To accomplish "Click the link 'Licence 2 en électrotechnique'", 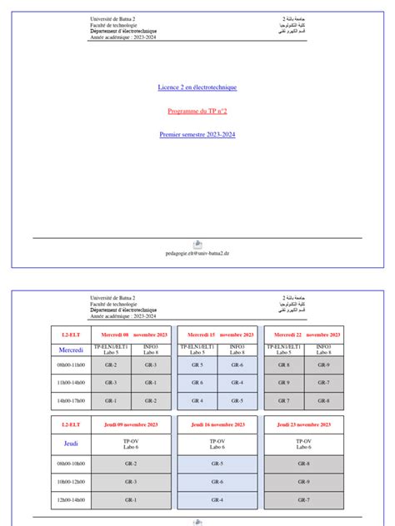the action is coord(197,87).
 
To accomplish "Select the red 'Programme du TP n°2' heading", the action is coord(197,111).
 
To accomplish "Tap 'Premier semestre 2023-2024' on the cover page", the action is coord(197,134).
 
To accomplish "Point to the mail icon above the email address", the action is coord(197,244).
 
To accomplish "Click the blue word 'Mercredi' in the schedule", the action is coord(71,350).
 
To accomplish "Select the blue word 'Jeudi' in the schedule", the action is coord(71,444).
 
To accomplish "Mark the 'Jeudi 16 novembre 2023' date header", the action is coord(217,424).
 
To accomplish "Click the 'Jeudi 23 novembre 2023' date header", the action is coord(304,424).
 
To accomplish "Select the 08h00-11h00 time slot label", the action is coord(71,365).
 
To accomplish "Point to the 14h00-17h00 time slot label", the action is coord(71,400).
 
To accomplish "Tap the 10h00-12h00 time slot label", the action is coord(71,481).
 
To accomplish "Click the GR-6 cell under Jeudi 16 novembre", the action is coord(217,481).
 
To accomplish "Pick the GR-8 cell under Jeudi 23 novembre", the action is coord(304,464).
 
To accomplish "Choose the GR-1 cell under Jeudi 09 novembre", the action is coord(131,499).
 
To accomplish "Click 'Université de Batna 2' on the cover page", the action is coord(114,18).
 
